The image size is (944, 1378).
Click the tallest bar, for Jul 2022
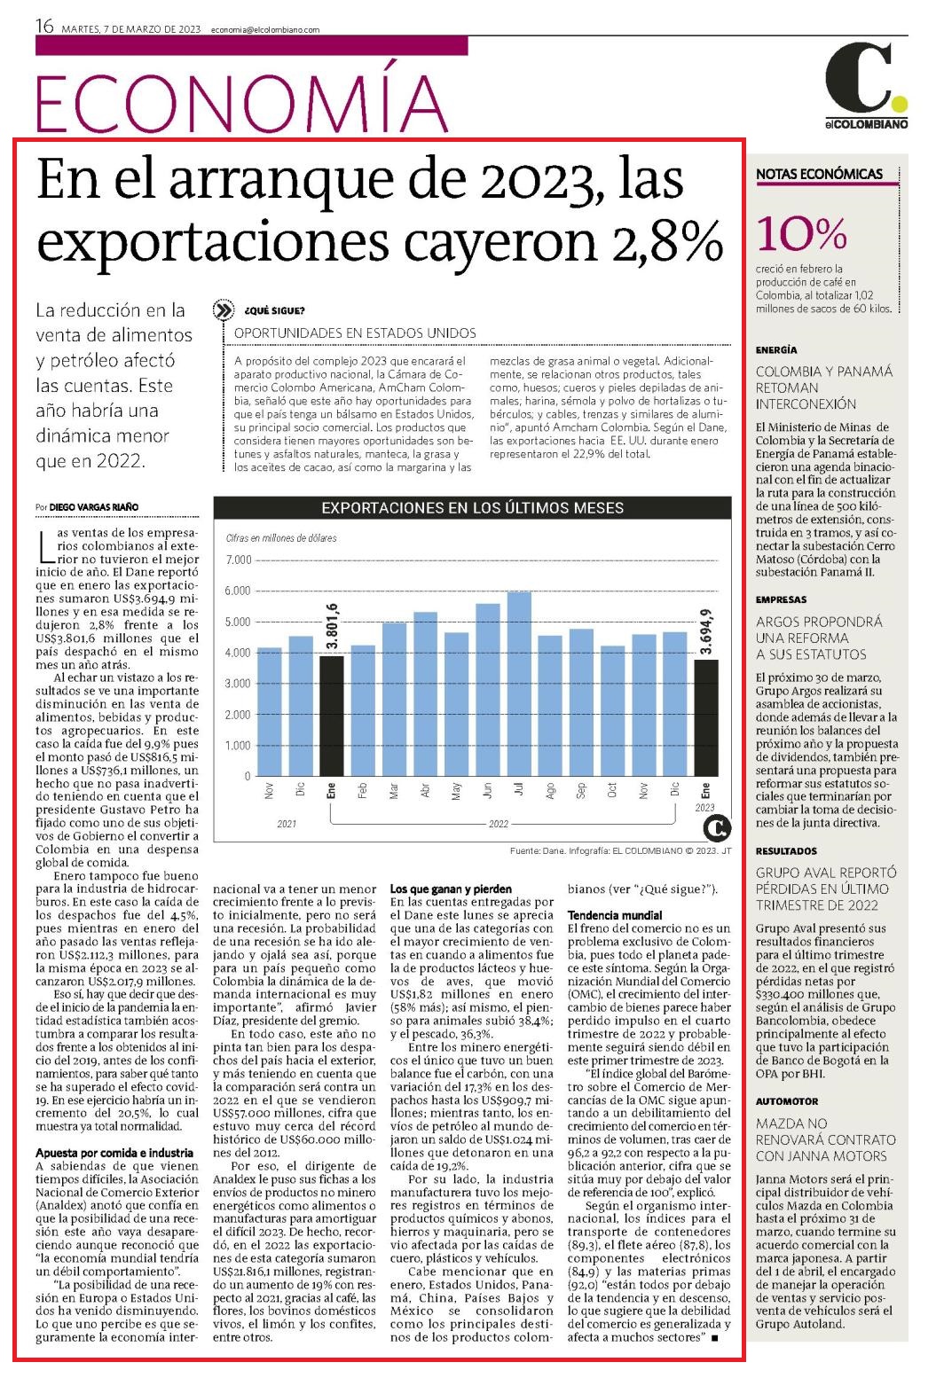point(519,684)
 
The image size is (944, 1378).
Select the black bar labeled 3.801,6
point(332,716)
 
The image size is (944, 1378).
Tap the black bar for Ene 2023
point(706,718)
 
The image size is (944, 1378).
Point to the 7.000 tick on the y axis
point(239,560)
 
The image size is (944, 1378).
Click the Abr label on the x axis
point(425,791)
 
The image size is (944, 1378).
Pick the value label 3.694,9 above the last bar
point(706,631)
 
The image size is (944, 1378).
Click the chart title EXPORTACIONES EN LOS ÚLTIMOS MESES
point(473,508)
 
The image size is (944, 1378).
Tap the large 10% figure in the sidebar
point(801,234)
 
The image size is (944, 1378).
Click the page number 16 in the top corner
point(44,27)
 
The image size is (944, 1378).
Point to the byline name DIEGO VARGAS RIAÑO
point(93,507)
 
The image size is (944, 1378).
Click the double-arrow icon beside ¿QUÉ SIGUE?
point(223,310)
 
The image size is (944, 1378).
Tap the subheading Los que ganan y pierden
point(451,889)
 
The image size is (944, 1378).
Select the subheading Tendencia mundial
point(615,915)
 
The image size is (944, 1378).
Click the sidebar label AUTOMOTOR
point(787,1101)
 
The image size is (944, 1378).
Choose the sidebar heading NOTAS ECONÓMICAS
point(819,174)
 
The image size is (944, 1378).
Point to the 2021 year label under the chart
point(287,824)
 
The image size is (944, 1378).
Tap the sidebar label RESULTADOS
point(786,850)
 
